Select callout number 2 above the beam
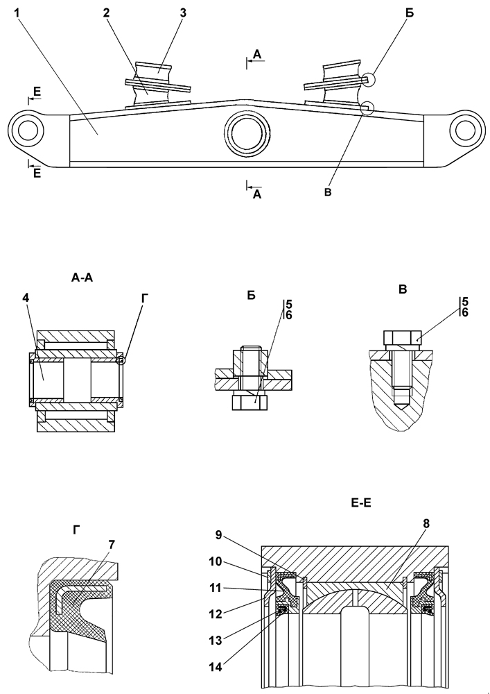point(106,12)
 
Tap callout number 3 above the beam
point(183,12)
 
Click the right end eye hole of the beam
point(465,130)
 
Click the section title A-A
point(82,278)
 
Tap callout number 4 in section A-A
point(26,298)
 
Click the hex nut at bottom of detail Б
point(250,403)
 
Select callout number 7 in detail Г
point(112,545)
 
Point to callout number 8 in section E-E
point(426,523)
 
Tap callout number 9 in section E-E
point(218,535)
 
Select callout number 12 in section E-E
point(216,613)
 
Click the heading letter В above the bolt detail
point(403,289)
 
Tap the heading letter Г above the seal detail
point(76,530)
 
